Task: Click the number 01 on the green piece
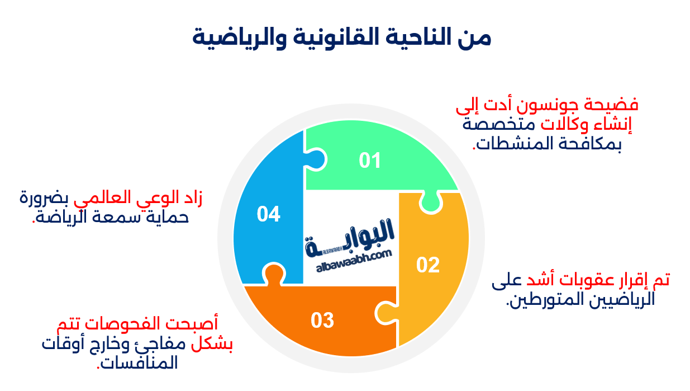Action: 369,161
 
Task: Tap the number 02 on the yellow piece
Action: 428,265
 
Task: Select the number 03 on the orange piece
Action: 322,321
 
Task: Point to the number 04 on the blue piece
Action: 268,214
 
